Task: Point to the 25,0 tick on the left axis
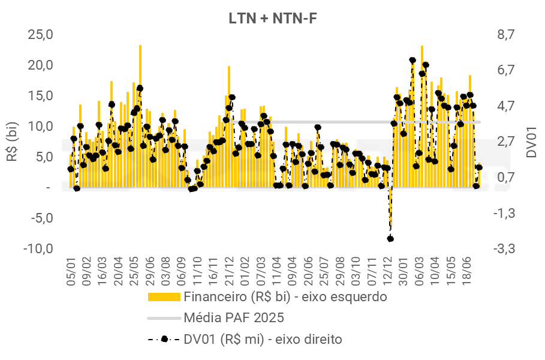pos(41,35)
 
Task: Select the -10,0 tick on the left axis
pos(39,248)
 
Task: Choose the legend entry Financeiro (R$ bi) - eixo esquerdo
pos(285,296)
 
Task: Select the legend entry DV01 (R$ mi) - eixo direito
pos(263,339)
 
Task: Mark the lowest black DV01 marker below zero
pos(390,239)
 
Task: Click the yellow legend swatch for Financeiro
pos(164,296)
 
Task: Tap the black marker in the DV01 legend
pos(164,339)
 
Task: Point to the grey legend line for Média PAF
pos(164,317)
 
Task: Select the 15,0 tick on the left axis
pos(41,95)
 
